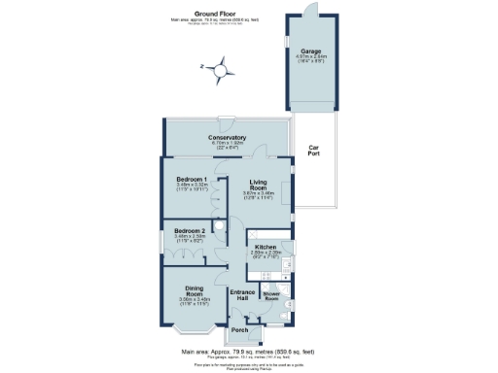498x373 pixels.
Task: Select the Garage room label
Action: (311, 51)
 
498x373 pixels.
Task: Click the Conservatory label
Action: (227, 137)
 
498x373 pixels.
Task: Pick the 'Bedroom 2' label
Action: (189, 229)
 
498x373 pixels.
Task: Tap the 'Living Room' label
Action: (259, 186)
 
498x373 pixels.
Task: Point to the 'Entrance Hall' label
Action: (241, 296)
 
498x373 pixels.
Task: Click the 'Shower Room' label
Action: (272, 297)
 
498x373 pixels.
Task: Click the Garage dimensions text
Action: (311, 58)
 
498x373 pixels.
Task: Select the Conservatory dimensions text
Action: (227, 144)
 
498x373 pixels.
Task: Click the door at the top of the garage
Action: (311, 8)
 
